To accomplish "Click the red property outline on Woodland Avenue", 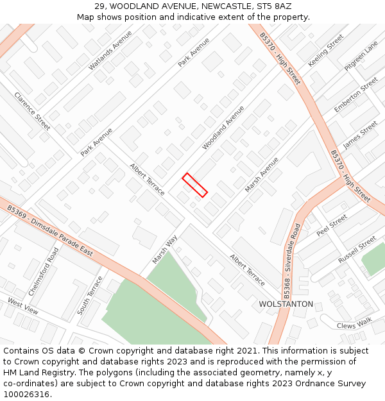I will pos(195,185).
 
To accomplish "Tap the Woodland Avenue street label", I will pos(223,128).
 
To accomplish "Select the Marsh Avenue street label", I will pos(262,175).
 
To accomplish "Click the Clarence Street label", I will pos(32,110).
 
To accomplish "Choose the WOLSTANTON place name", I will pos(286,304).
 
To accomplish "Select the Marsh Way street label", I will pos(164,250).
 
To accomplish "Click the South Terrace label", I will pos(90,295).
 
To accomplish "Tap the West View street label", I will pos(23,306).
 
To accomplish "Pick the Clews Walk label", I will pos(354,326).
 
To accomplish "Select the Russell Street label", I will pos(357,250).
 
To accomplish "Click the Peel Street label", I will pos(332,225).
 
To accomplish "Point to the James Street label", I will pos(360,135).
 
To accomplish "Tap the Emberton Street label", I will pos(356,95).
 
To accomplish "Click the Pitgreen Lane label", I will pos(361,56).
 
